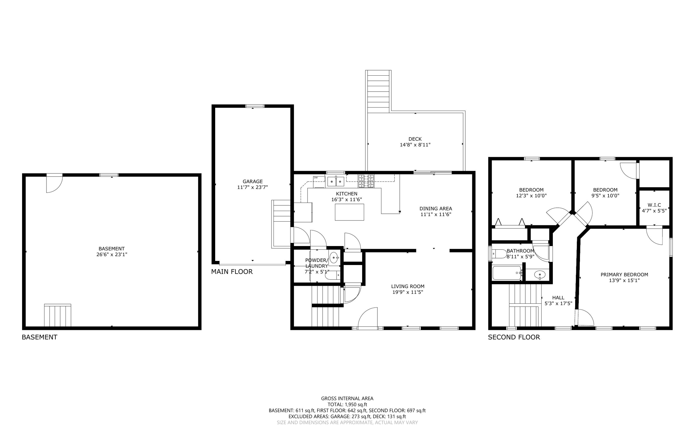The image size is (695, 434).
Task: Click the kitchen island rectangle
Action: (349, 212)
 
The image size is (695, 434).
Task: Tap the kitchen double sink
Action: (335, 182)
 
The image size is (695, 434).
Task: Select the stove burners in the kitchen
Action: (366, 181)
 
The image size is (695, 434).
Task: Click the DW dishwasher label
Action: (316, 177)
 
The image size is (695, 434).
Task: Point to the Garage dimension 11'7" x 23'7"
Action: (252, 187)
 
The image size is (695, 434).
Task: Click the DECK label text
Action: (415, 139)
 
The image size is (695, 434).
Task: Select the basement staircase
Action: (58, 315)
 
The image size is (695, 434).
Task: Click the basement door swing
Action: (54, 184)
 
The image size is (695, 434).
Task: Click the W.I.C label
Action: (654, 205)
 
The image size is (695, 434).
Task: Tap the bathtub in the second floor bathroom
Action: (507, 273)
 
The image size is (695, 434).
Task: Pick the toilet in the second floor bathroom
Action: (499, 253)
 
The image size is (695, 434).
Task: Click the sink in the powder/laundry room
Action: (334, 258)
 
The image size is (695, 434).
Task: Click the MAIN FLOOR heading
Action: (232, 271)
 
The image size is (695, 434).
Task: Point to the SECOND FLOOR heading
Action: (514, 337)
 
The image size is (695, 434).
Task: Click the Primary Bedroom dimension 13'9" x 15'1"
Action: (624, 280)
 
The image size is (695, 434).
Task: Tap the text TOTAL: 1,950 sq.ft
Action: (347, 404)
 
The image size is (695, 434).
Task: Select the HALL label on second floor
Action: (558, 298)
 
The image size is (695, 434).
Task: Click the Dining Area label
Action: (435, 209)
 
